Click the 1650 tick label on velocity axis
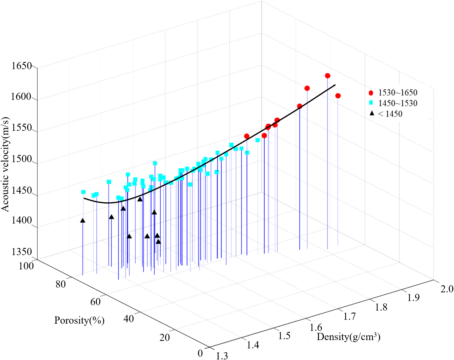tap(21, 66)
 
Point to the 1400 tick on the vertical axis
tap(21, 220)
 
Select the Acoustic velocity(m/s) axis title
tap(5, 164)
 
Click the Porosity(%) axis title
tap(79, 320)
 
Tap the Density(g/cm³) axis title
tap(348, 337)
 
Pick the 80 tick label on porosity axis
tap(61, 284)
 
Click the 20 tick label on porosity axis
tap(164, 337)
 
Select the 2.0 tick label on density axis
tap(447, 289)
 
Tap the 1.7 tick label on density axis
tap(349, 316)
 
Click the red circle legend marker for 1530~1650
tap(371, 93)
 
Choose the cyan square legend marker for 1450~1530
tap(371, 103)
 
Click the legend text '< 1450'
tap(390, 114)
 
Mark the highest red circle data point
tap(328, 76)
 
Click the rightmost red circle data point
tap(338, 96)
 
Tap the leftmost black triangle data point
tap(83, 221)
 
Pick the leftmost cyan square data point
tap(83, 192)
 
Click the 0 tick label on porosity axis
tap(200, 353)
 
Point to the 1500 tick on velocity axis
tap(21, 159)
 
